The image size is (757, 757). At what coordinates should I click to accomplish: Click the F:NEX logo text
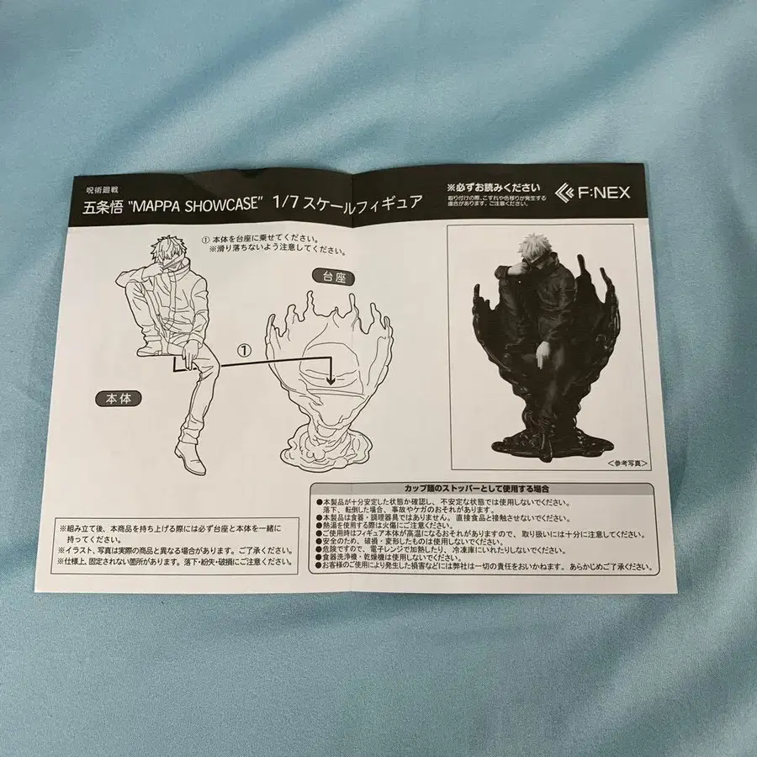598,193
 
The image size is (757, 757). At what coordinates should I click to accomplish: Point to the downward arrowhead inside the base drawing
331,380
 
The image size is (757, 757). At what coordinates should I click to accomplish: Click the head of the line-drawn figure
167,251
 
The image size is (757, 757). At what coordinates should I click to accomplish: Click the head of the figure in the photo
536,251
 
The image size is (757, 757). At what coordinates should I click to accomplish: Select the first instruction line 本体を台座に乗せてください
265,239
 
